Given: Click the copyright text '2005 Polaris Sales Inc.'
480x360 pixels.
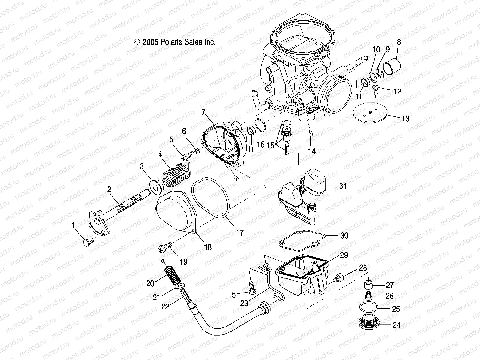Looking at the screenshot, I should [175, 42].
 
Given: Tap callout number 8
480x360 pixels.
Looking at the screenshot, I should [399, 42].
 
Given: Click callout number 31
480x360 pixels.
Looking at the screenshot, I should [343, 186].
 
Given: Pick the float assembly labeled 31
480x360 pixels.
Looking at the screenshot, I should [301, 195].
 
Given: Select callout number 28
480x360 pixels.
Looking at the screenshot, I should [363, 268].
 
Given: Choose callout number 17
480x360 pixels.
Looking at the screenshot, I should [240, 233].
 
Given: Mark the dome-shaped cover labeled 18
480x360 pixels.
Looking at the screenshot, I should [176, 217].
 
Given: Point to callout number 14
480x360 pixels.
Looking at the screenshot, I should [311, 151].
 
